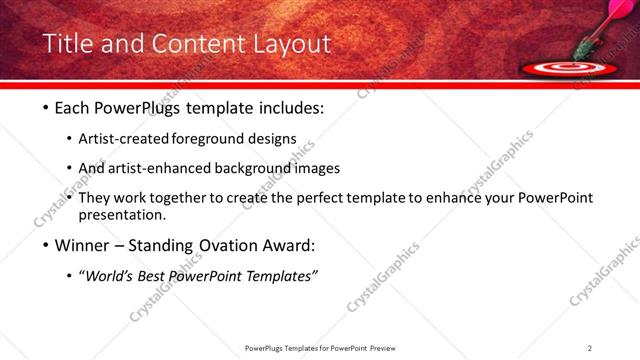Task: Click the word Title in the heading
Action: coord(69,44)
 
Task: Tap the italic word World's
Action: coord(109,276)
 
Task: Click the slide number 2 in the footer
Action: coord(590,348)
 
